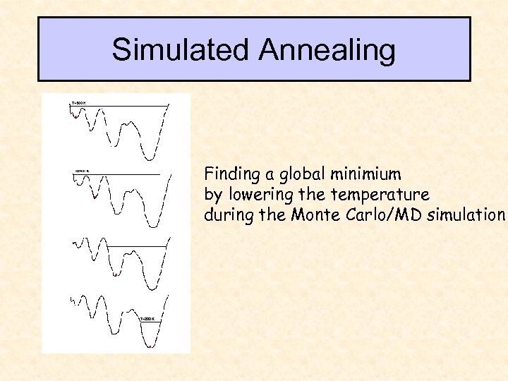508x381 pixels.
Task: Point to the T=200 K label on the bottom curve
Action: pyautogui.click(x=147, y=319)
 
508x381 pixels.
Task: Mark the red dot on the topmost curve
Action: pyautogui.click(x=75, y=118)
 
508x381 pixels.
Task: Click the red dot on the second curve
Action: pyautogui.click(x=94, y=198)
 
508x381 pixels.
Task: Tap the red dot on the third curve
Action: pyautogui.click(x=116, y=275)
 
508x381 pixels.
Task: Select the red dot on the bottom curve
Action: pyautogui.click(x=150, y=346)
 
